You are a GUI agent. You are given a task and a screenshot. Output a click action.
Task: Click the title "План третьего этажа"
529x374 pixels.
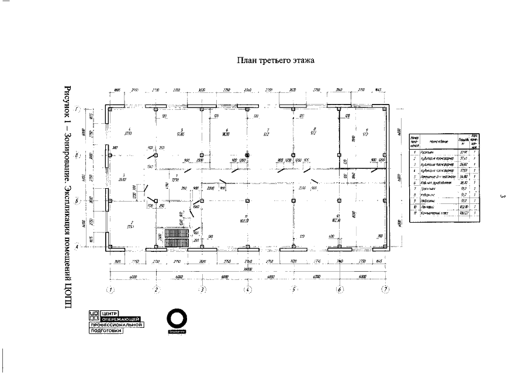275,60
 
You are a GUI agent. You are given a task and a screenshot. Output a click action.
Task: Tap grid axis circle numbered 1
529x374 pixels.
110,289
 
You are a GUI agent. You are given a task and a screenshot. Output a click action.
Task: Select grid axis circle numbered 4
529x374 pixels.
248,289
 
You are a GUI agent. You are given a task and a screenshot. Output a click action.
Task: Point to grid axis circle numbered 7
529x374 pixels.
385,289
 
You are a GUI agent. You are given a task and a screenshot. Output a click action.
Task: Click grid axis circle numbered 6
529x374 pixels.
340,289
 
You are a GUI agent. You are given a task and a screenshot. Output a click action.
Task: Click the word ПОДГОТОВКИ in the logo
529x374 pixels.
109,331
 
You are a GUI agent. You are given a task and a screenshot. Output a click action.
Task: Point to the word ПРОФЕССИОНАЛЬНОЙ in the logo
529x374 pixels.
116,325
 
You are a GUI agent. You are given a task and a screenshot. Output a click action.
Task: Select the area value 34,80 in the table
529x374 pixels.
465,175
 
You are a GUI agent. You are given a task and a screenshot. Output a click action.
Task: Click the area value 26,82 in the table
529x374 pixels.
465,164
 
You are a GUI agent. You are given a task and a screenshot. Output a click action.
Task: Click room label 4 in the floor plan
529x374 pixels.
129,130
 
